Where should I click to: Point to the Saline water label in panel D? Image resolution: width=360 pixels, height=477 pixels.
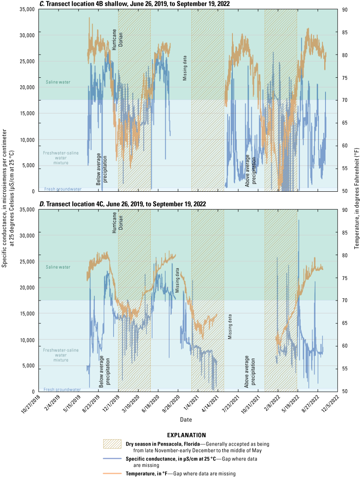click(x=58, y=267)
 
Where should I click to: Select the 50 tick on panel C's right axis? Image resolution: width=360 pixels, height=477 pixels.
click(x=344, y=191)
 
